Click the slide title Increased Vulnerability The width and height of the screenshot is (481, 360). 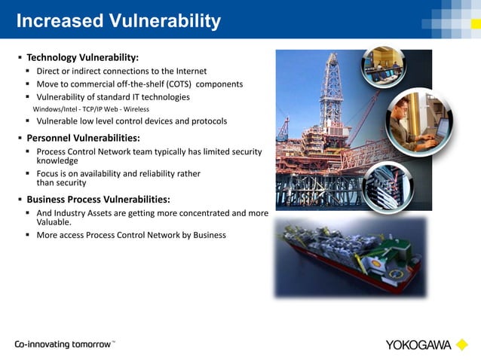(x=118, y=20)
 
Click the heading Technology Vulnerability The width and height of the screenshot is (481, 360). (x=82, y=57)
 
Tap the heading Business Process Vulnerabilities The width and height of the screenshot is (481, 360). (x=98, y=200)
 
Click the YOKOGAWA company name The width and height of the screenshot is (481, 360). (x=418, y=346)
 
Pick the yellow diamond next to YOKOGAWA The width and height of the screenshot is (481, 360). (x=462, y=345)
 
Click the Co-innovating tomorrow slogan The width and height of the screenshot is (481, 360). (x=63, y=344)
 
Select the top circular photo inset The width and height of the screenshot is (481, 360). (x=384, y=67)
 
